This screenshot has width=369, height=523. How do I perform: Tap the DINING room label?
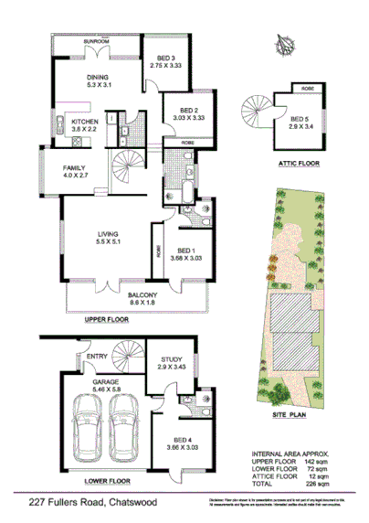click(x=98, y=78)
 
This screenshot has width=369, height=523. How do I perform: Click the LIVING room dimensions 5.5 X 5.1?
click(x=110, y=244)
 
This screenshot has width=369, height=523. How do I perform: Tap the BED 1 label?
click(x=186, y=251)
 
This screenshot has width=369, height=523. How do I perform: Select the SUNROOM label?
click(x=95, y=42)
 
